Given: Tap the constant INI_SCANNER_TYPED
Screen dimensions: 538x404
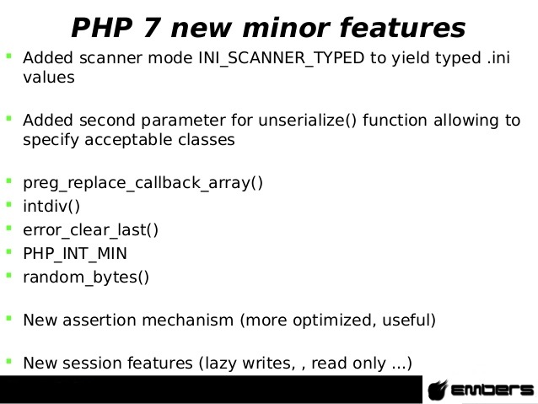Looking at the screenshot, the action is point(282,58).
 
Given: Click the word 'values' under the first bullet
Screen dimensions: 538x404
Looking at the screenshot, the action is point(49,78).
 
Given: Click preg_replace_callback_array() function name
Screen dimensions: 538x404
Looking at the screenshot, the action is point(143,183).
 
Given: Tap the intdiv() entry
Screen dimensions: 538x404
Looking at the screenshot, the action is point(51,207).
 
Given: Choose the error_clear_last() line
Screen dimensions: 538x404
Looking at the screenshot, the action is point(90,230).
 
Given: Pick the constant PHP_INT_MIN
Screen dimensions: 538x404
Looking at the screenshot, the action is point(75,254).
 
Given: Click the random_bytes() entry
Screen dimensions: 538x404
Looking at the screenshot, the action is point(86,277).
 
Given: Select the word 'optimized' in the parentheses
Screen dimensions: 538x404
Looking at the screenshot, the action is point(331,321).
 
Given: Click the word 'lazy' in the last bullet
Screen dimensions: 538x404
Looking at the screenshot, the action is point(221,364).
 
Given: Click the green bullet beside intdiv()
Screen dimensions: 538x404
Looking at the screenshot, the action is point(9,205).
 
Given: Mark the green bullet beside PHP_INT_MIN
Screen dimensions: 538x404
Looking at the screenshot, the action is point(9,251).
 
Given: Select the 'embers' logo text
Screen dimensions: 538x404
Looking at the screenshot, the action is point(492,390).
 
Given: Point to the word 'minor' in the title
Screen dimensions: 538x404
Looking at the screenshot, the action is point(286,28).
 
